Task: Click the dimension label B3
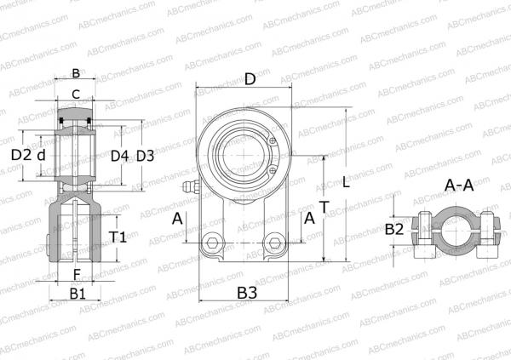[248, 293]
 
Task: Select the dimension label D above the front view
[250, 80]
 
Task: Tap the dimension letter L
[346, 181]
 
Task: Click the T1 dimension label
[119, 237]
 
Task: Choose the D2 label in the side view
[20, 156]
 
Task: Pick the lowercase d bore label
[40, 156]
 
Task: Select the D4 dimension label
[119, 156]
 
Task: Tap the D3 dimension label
[146, 156]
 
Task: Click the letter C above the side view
[75, 94]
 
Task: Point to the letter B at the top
[75, 73]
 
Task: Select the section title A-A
[460, 186]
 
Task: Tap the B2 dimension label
[394, 229]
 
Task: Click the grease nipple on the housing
[188, 186]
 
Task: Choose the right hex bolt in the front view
[274, 243]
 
